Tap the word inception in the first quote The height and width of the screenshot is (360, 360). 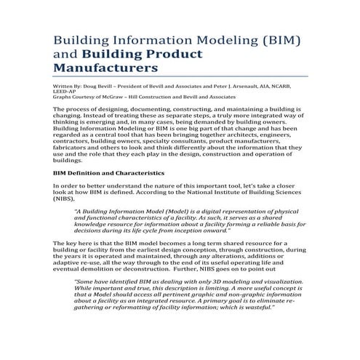click(x=194, y=231)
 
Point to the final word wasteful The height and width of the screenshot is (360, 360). click(x=255, y=307)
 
